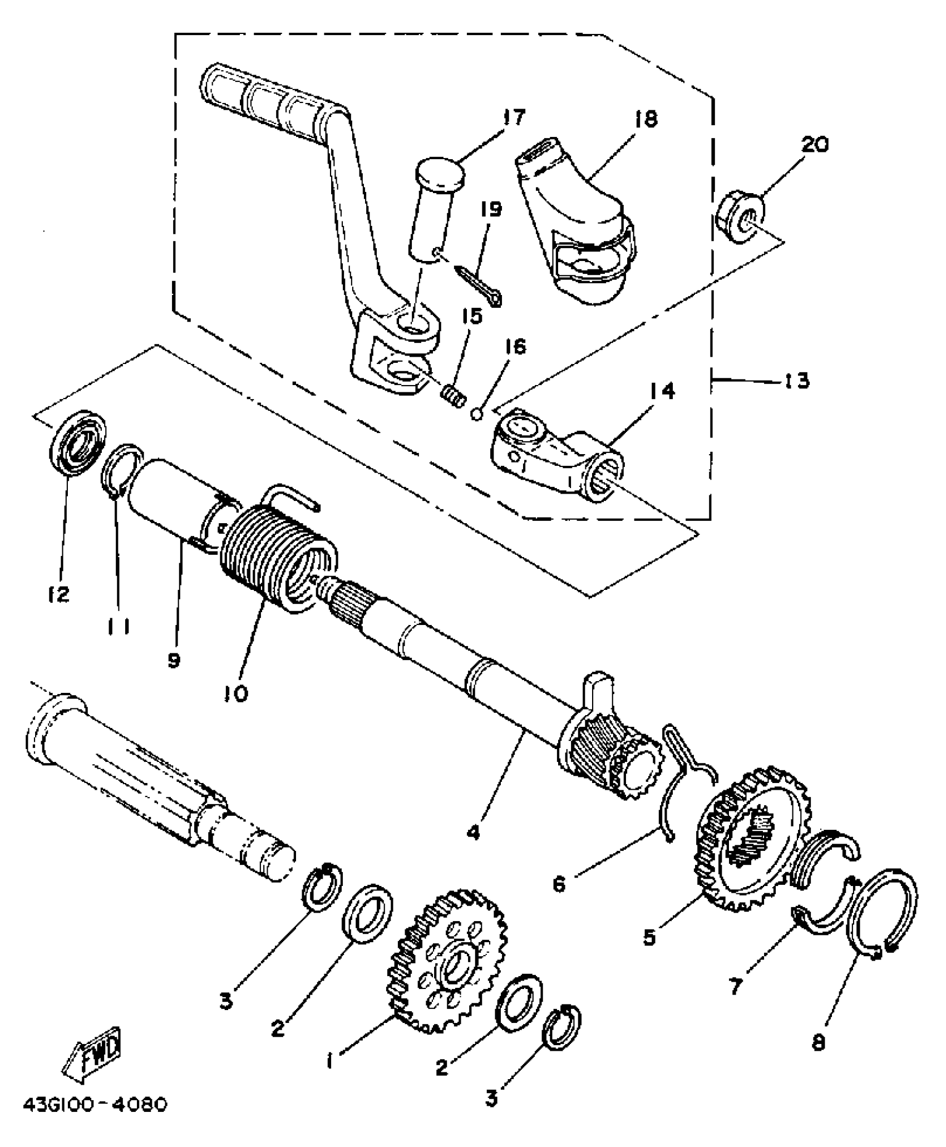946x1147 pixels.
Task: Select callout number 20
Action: [x=814, y=145]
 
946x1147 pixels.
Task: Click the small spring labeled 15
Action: [x=454, y=398]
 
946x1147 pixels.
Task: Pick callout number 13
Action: [x=796, y=382]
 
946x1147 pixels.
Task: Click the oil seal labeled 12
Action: [x=78, y=442]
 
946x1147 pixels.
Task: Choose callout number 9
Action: [x=174, y=660]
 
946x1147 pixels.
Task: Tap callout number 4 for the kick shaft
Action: [x=473, y=834]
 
